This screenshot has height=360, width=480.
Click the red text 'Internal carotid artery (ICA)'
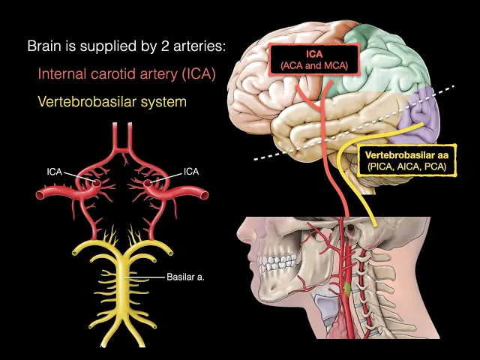[126, 73]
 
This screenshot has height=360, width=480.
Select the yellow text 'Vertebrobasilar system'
[112, 101]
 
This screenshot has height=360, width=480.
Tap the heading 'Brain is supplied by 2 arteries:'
[126, 46]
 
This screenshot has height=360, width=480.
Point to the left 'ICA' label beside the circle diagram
[55, 172]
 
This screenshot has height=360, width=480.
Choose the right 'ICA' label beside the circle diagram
[191, 172]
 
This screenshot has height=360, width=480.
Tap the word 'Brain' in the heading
[44, 46]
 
